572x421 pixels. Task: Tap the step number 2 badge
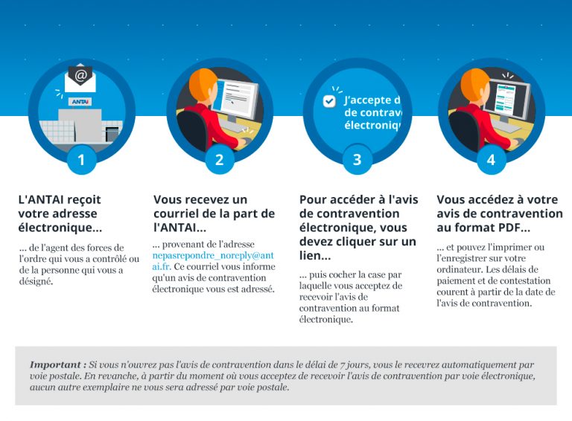point(219,159)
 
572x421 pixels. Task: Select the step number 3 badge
point(357,159)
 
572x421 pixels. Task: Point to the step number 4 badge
point(491,159)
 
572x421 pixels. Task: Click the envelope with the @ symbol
point(81,75)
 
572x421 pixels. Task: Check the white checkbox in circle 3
point(329,101)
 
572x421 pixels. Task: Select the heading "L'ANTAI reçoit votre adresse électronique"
point(60,213)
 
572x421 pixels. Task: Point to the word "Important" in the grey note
point(57,365)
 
